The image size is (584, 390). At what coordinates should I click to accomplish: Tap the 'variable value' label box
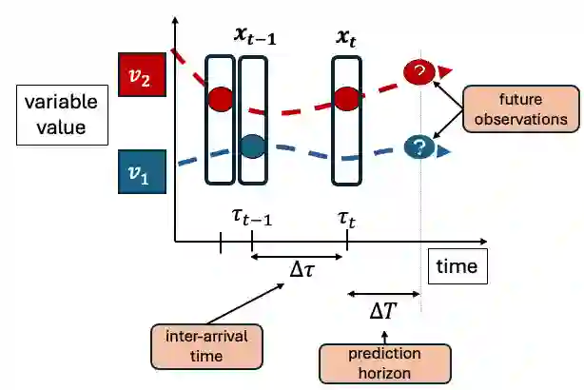pos(54,115)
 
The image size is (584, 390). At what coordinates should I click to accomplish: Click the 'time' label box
pos(457,267)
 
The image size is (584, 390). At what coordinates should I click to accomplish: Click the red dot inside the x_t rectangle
pos(346,97)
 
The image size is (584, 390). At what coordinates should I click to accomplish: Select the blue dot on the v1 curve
pos(252,146)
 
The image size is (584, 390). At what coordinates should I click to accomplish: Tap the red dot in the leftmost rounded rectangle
pos(220,97)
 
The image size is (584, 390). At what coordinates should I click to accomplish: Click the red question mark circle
pos(419,72)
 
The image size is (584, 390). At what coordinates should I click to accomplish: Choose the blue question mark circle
pos(419,147)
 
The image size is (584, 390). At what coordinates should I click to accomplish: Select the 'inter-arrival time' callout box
pos(208,346)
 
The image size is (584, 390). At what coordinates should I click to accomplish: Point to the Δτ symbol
pos(303,270)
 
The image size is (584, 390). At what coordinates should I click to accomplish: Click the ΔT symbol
pos(384,309)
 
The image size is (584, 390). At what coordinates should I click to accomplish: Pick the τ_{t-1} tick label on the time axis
pos(252,218)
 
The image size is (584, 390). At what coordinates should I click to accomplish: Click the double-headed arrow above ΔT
pos(384,293)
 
